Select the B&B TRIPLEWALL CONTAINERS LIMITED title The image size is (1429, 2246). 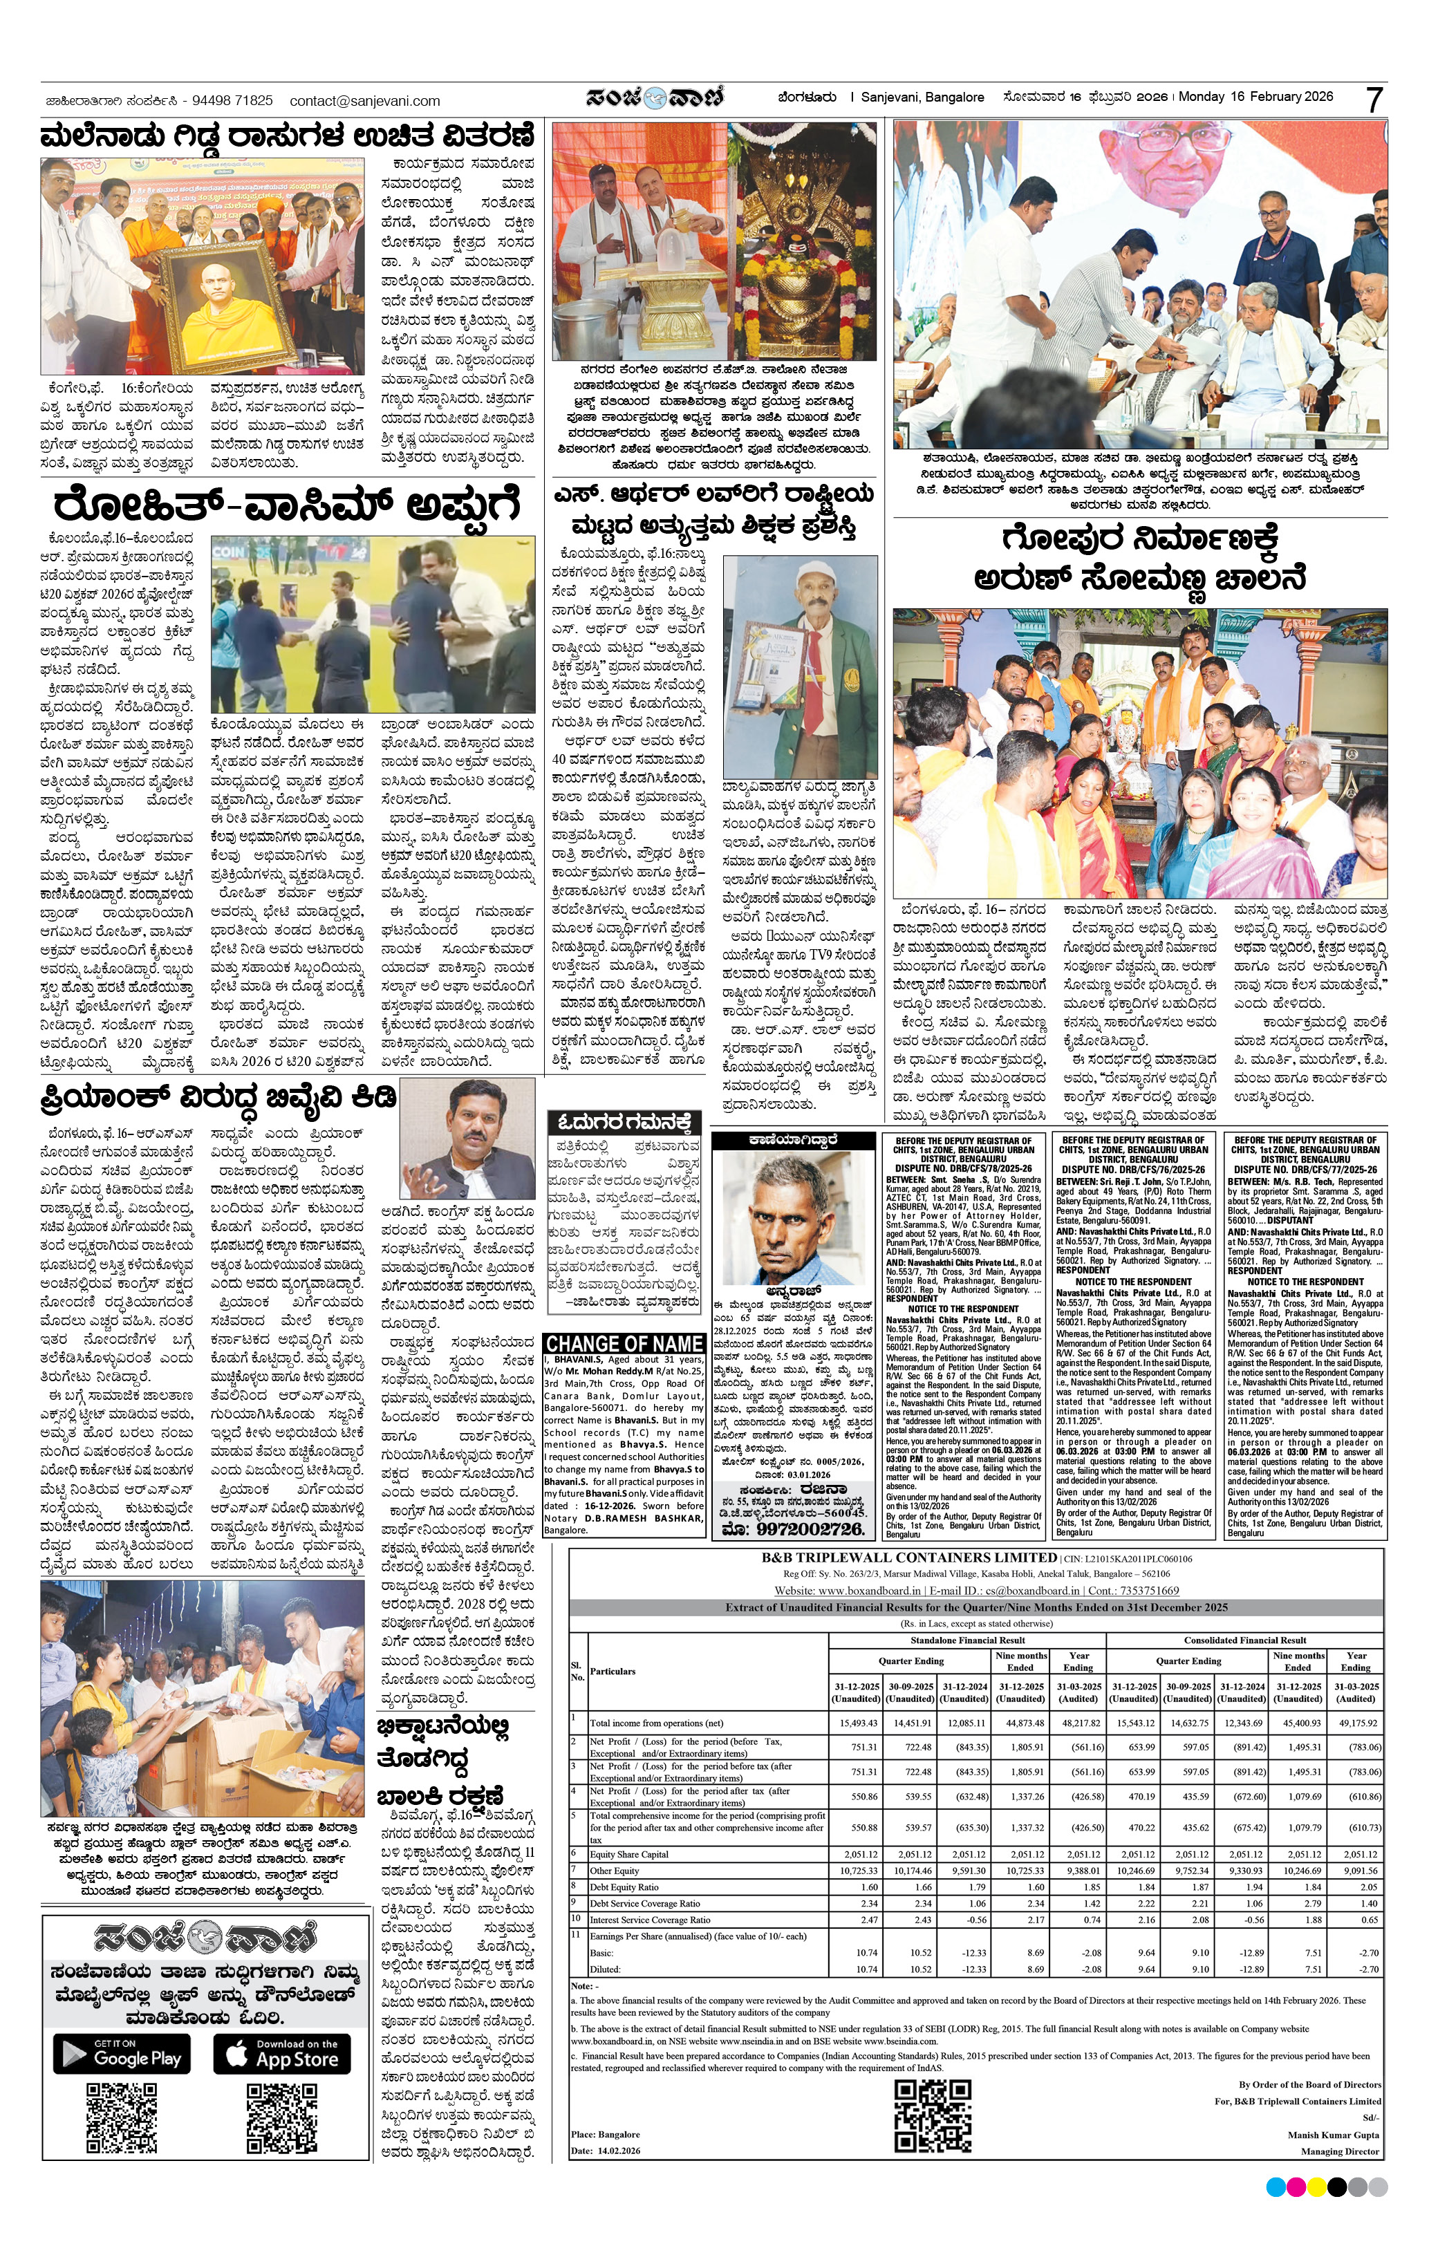click(x=909, y=1557)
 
